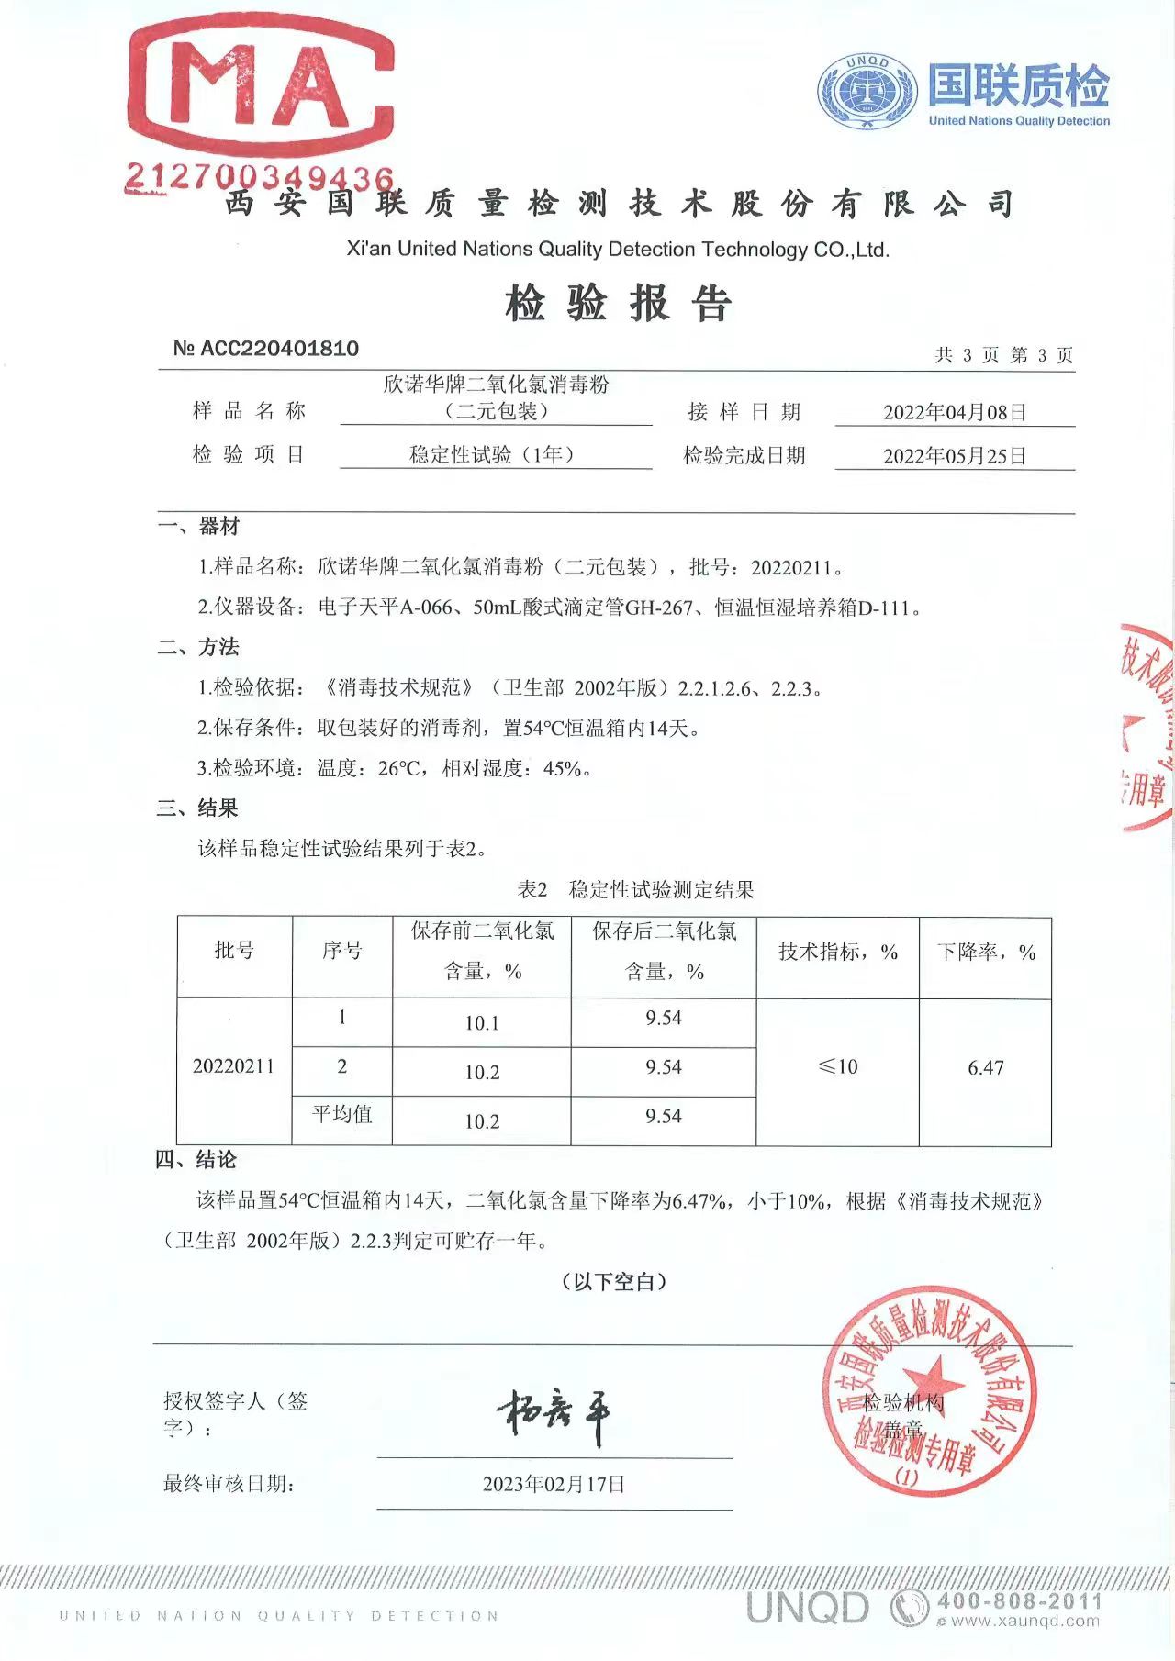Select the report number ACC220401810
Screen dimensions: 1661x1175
[x=266, y=349]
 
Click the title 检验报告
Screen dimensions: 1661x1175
[x=618, y=304]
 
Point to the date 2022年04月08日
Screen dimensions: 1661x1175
[x=955, y=412]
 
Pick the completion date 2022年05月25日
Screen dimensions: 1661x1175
[x=955, y=456]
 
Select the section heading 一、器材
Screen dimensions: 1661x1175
[x=198, y=527]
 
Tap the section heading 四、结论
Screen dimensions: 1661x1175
[x=196, y=1160]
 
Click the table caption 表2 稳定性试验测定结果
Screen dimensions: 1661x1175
[x=635, y=889]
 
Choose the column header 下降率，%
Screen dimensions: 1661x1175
[x=986, y=953]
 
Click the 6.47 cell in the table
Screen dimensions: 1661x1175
[x=986, y=1067]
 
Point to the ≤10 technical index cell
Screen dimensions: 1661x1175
[x=837, y=1067]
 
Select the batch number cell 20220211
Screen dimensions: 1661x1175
[x=233, y=1066]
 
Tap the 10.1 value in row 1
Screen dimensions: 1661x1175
[x=482, y=1023]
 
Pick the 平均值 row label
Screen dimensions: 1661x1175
[x=342, y=1115]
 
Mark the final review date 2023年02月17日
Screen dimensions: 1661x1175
[x=554, y=1484]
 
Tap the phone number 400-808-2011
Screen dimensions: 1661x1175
[x=1019, y=1601]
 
